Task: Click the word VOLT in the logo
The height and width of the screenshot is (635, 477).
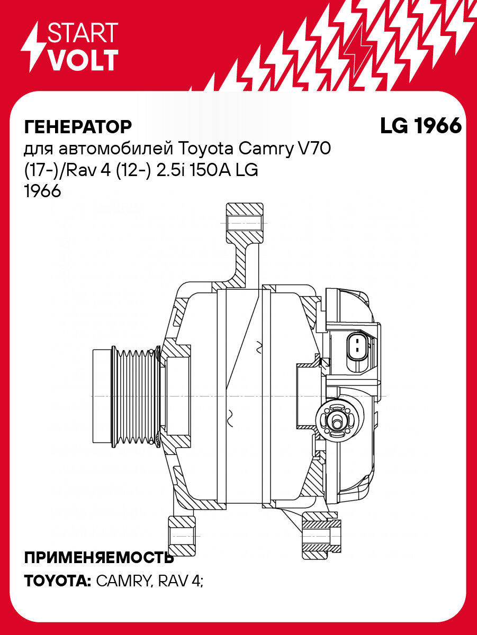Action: click(x=83, y=60)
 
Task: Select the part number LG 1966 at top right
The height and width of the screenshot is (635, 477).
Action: click(x=420, y=126)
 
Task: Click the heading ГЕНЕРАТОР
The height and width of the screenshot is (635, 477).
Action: click(x=78, y=127)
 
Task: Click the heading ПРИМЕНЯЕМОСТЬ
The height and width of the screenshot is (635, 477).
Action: click(x=98, y=557)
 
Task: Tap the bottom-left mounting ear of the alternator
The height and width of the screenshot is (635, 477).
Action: click(x=180, y=536)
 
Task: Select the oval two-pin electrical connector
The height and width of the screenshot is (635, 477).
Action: click(x=357, y=348)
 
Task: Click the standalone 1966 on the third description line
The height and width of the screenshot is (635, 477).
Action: click(x=43, y=192)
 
